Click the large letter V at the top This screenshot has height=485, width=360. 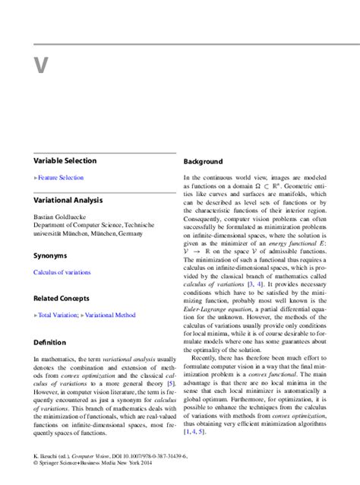(40, 65)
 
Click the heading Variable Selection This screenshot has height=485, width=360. (65, 160)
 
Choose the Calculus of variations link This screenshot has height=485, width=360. (62, 271)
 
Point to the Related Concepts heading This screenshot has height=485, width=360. (61, 298)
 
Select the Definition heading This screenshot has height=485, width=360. (50, 341)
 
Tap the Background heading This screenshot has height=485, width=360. (203, 162)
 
